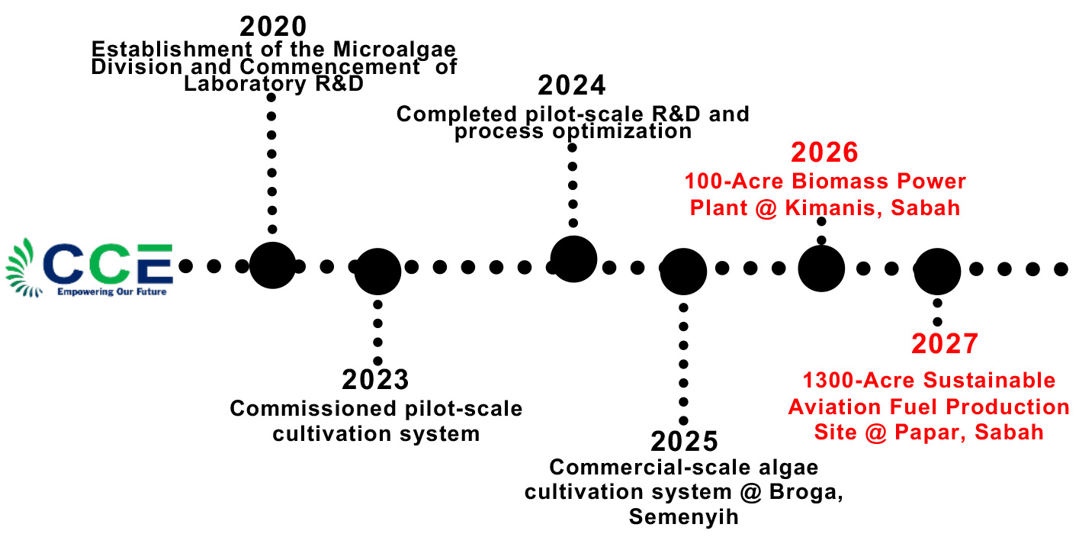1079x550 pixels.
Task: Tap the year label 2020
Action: (273, 27)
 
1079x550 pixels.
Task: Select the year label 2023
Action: (375, 379)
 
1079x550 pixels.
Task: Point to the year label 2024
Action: (571, 85)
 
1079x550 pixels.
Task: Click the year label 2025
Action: (684, 442)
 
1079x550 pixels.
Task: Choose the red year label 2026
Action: (824, 153)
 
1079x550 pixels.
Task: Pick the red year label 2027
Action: (944, 344)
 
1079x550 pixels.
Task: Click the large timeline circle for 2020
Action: (272, 265)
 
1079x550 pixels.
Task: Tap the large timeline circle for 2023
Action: (377, 270)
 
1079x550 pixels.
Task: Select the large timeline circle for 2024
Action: (573, 259)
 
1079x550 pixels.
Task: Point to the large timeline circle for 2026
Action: (821, 269)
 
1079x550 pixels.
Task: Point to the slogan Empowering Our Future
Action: (111, 291)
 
